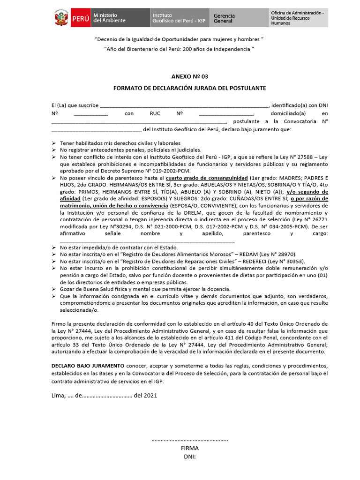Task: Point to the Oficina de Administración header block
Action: click(x=297, y=18)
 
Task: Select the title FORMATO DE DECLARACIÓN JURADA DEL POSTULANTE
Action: click(x=189, y=88)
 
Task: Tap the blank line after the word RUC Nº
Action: click(x=226, y=114)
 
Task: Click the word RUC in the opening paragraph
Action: click(x=155, y=113)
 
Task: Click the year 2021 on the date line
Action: click(x=150, y=395)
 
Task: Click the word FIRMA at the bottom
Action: click(x=189, y=448)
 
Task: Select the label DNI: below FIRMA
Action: click(x=189, y=456)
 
